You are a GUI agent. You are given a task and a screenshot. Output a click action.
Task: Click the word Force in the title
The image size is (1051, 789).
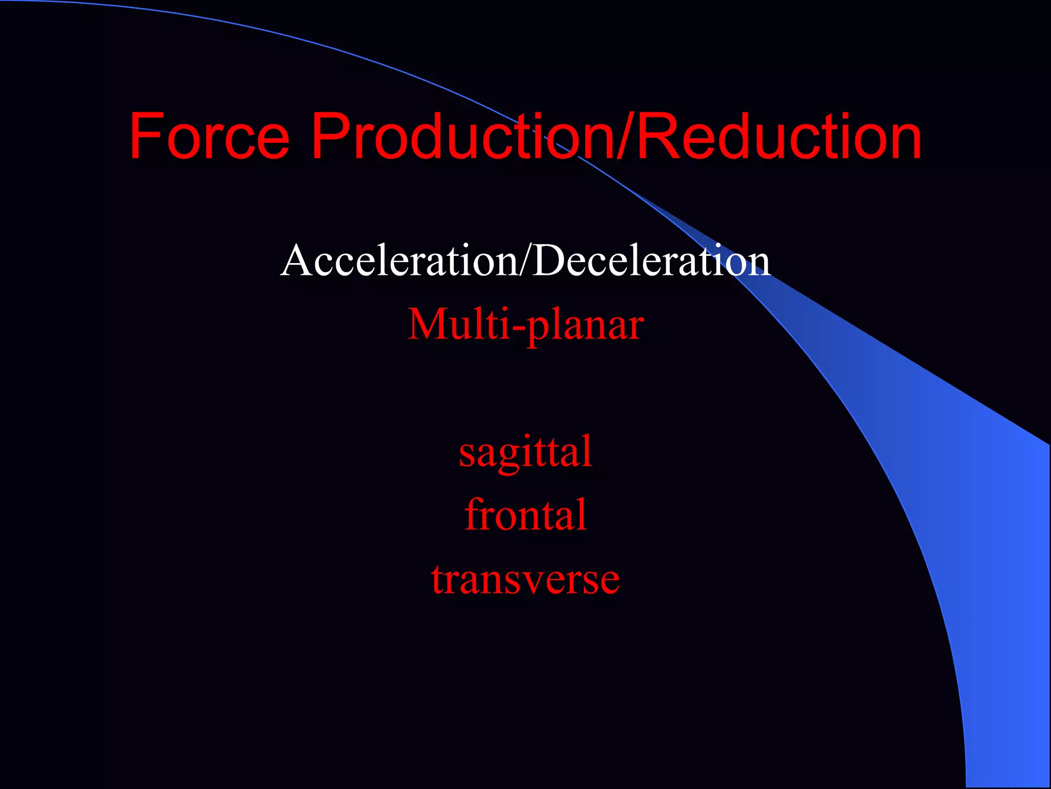pos(209,137)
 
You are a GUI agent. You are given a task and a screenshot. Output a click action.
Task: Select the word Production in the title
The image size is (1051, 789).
pos(462,137)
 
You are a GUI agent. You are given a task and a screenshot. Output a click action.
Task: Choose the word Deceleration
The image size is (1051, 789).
pos(651,261)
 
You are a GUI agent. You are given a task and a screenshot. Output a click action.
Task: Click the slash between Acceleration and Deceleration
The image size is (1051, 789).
pos(525,261)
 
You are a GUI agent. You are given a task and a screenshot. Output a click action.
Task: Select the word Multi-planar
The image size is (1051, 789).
pos(525,325)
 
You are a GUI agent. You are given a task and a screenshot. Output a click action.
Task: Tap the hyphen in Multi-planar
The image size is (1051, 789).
pos(518,329)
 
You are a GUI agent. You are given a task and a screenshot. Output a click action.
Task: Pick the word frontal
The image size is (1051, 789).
pos(525,515)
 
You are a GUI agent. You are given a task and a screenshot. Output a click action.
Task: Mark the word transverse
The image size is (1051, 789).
pos(525,579)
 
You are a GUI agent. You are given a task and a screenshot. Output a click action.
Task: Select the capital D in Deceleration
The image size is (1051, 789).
pos(549,261)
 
